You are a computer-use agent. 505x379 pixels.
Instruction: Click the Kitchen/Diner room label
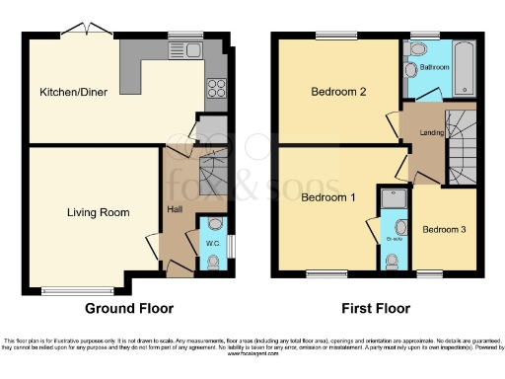74,93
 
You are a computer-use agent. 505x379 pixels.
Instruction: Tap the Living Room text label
99,212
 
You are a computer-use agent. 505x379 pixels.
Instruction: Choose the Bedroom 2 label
338,93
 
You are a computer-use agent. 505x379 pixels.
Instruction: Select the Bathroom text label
435,67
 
